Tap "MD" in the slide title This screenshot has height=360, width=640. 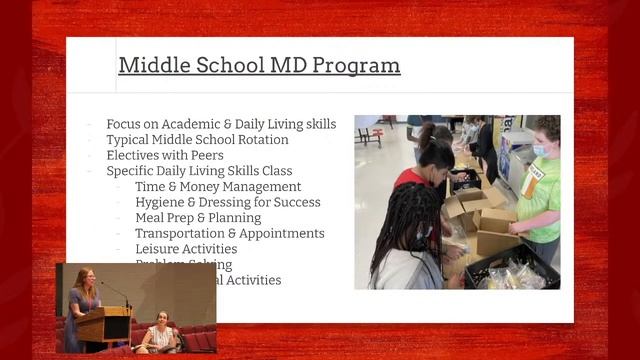click(282, 66)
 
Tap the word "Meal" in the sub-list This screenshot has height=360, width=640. click(151, 218)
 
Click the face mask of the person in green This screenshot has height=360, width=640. click(541, 151)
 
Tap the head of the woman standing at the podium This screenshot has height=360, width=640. click(83, 277)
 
